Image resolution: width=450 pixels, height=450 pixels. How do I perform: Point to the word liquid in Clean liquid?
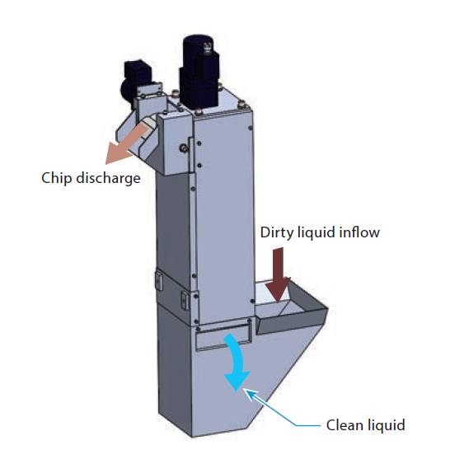point(387,425)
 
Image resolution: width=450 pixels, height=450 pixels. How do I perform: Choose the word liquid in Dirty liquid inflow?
point(318,232)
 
